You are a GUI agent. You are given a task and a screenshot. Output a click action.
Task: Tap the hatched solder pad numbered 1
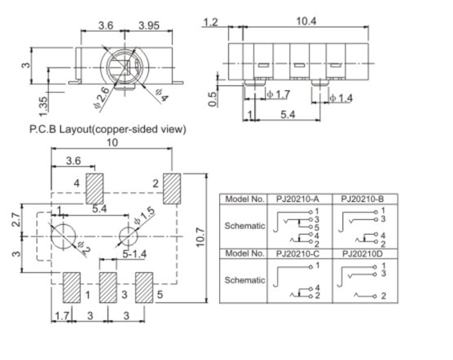[x=72, y=287]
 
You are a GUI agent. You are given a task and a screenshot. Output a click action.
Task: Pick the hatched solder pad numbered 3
[x=107, y=287]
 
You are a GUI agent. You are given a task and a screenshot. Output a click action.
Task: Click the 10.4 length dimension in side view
[x=306, y=22]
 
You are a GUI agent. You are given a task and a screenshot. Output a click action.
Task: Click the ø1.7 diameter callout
[x=278, y=94]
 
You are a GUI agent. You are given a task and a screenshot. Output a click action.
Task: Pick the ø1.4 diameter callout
[x=341, y=98]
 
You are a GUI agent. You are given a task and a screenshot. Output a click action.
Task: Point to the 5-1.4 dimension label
[x=133, y=253]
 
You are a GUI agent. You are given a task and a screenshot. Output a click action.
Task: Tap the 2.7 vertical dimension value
[x=16, y=220]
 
